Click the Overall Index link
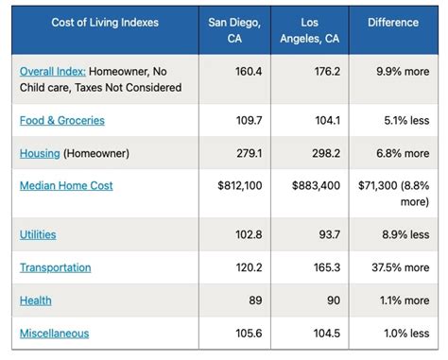coord(52,70)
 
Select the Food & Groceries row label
coord(62,120)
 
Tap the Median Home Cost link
coord(66,185)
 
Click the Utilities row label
coord(38,234)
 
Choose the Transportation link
coord(56,267)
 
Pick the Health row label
coord(36,300)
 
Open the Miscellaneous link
coord(55,333)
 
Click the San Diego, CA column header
coord(233,30)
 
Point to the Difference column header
coord(392,23)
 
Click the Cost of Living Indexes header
coord(105,23)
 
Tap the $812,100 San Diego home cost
coord(240,186)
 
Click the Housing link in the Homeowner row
coord(40,153)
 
